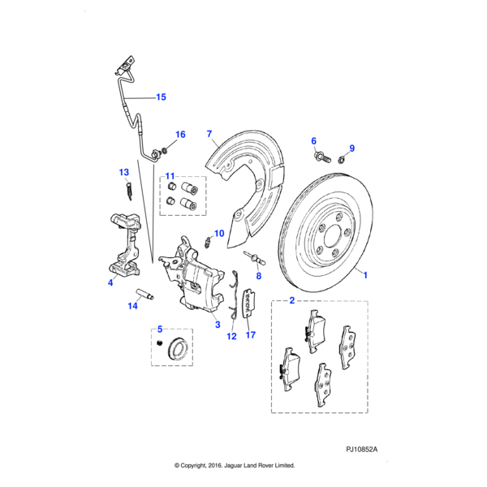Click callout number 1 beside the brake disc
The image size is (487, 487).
pos(365,275)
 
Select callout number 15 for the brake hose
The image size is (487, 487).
pos(161,97)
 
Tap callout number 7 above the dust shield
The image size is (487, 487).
pos(209,133)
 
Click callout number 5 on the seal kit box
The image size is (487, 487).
pos(160,329)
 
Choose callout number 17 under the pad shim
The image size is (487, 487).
pos(250,334)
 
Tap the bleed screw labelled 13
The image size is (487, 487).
pos(129,188)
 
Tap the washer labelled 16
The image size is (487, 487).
pos(165,150)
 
